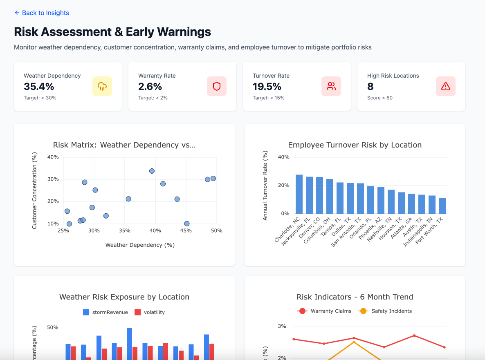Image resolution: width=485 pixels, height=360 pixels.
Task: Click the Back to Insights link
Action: click(42, 13)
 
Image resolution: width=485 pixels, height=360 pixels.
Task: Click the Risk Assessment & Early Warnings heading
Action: click(112, 32)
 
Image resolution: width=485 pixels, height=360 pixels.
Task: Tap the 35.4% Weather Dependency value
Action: click(39, 86)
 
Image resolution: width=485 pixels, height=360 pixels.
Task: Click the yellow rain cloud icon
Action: click(102, 86)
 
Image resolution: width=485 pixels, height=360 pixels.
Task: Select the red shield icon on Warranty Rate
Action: click(217, 86)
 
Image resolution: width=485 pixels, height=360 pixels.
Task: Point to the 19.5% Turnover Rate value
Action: click(267, 86)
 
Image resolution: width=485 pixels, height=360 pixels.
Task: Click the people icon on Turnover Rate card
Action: click(331, 86)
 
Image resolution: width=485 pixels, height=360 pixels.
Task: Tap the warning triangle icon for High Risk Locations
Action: click(446, 86)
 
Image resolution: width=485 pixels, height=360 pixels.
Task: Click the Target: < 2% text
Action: click(153, 98)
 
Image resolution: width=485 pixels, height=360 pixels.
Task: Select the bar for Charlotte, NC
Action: click(299, 195)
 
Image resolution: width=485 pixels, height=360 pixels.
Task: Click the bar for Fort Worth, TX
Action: click(442, 206)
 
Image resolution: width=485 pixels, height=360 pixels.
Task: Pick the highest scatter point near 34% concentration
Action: click(152, 171)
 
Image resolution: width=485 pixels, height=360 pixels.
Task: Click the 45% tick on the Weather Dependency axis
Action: click(186, 230)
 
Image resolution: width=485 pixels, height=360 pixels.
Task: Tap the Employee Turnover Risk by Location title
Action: click(355, 145)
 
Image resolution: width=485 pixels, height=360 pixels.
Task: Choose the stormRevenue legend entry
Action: click(106, 312)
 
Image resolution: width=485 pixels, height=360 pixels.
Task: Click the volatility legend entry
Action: click(150, 312)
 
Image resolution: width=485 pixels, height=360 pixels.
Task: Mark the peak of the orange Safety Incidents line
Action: click(354, 342)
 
